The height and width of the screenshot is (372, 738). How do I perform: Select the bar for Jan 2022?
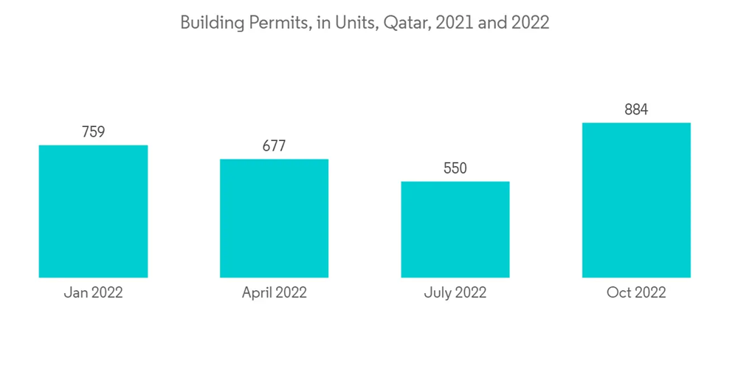[x=93, y=211]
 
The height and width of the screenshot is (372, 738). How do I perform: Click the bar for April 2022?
[x=274, y=218]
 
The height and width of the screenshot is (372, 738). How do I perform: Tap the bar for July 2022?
[x=455, y=229]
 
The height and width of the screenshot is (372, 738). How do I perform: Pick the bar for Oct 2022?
[x=636, y=200]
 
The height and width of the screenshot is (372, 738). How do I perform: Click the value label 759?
[x=93, y=132]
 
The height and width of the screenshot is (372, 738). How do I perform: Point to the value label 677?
[x=274, y=146]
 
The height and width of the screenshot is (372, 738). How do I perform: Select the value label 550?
[x=455, y=168]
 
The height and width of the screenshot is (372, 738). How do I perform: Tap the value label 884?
[x=636, y=110]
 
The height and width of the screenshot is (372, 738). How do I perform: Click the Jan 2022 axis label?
[x=93, y=293]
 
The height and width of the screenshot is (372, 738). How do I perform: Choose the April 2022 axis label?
[x=274, y=293]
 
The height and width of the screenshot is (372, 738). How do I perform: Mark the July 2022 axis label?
[x=455, y=293]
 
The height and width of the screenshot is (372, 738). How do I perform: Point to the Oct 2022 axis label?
[x=636, y=293]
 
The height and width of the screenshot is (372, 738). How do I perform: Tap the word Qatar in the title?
[x=405, y=23]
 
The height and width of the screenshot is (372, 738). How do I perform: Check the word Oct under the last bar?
[x=618, y=293]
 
